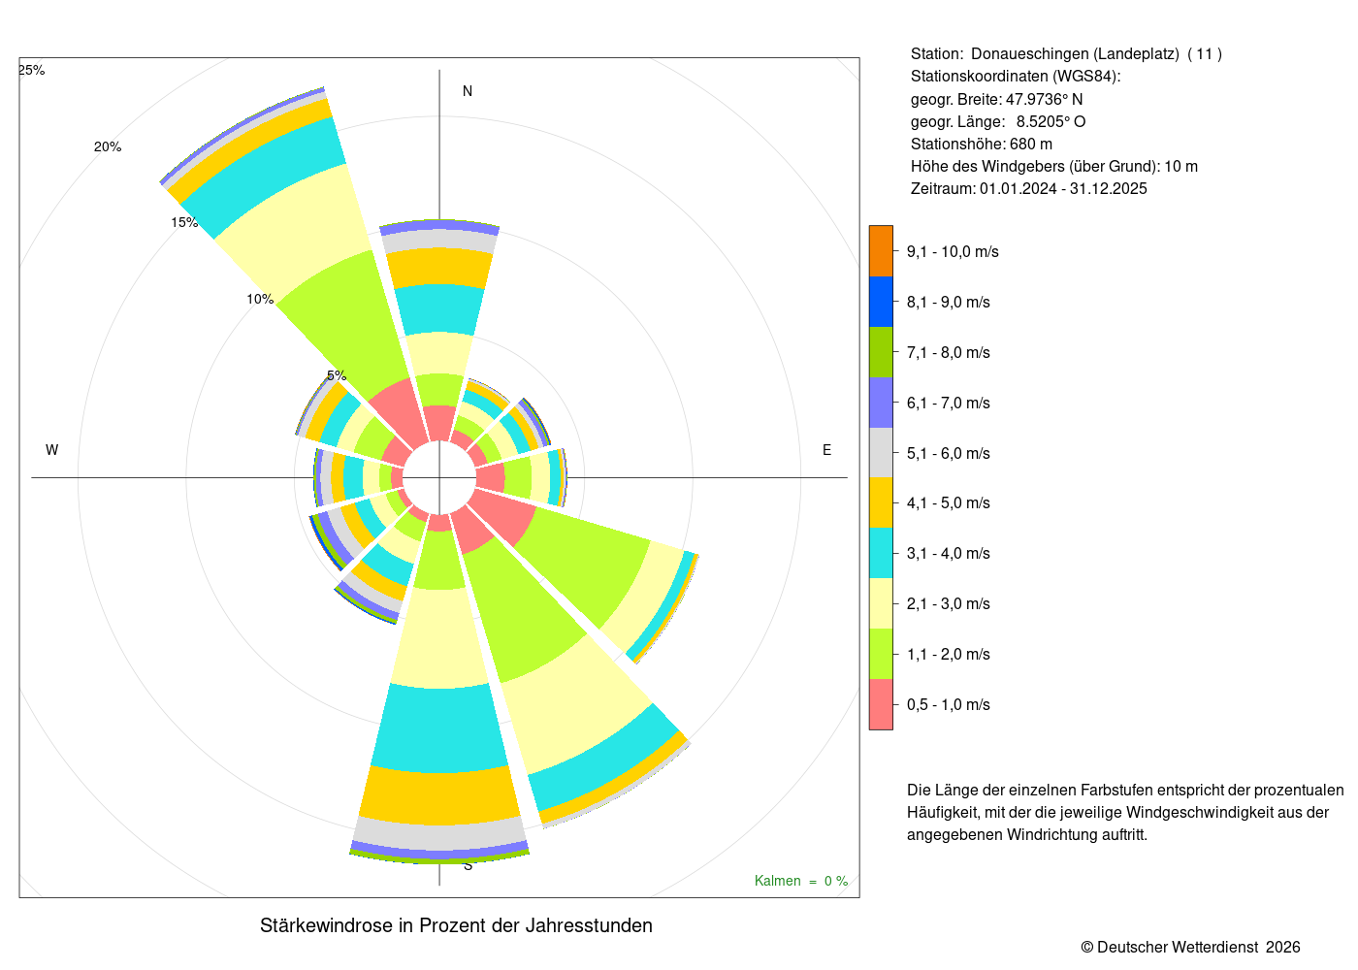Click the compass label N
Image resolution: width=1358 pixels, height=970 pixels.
(468, 91)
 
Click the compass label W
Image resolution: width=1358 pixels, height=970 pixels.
(52, 450)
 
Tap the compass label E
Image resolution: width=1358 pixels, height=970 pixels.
(826, 450)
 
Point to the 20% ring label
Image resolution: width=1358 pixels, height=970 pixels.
(108, 146)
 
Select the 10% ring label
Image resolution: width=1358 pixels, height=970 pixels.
(260, 299)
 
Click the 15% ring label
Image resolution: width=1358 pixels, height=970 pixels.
(184, 222)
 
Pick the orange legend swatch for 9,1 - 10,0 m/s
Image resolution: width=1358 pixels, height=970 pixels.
(881, 251)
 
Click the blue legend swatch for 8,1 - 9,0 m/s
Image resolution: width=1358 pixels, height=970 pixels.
(881, 302)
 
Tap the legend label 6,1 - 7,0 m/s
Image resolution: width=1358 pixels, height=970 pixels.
(949, 404)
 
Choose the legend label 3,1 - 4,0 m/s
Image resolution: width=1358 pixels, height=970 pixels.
(949, 554)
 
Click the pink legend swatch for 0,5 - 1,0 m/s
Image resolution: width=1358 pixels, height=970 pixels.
(881, 704)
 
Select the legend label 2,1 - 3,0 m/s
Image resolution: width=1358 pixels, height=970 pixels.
(949, 603)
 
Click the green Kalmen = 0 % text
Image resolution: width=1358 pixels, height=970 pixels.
(801, 881)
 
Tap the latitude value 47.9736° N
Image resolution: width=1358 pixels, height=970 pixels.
(1044, 99)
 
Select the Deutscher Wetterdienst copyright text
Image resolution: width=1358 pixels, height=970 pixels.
(1190, 947)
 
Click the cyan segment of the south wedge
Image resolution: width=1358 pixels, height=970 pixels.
(439, 728)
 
